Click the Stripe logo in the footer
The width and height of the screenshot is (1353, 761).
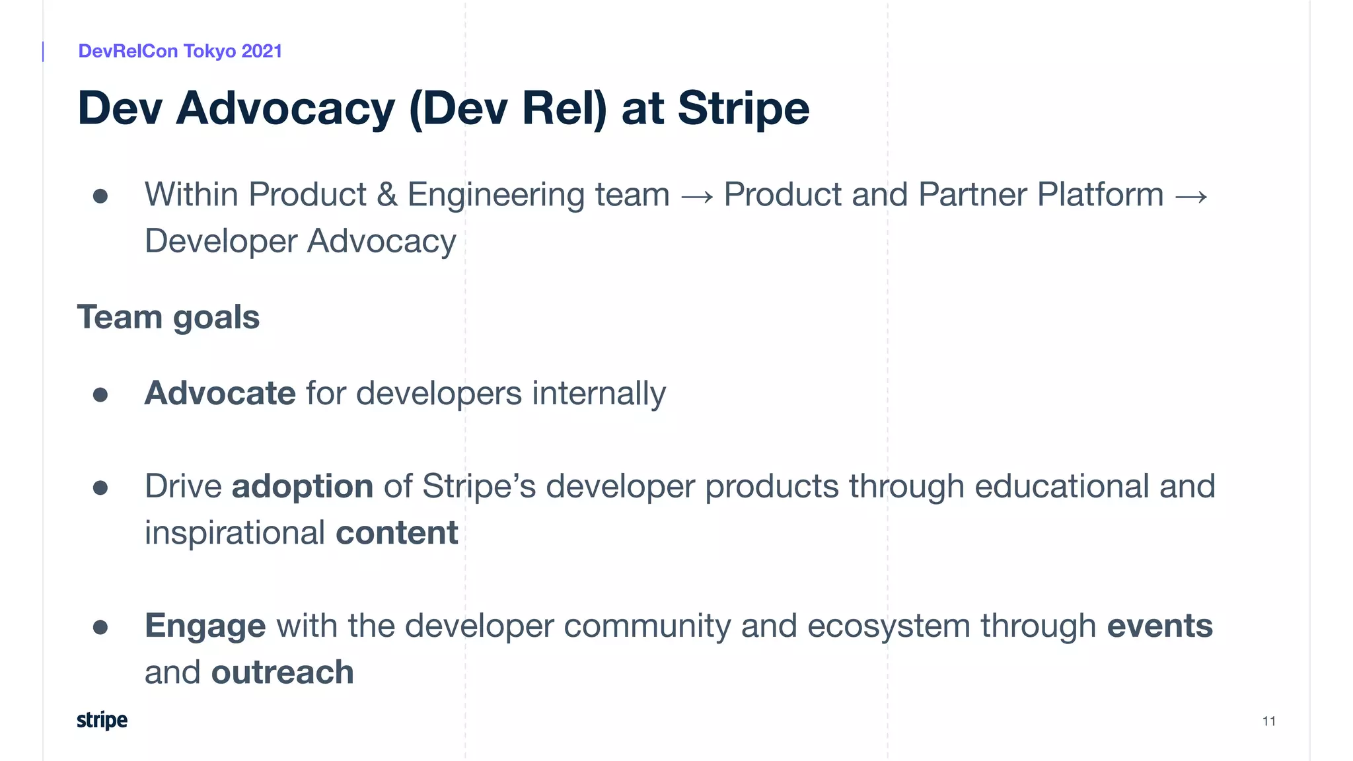tap(102, 720)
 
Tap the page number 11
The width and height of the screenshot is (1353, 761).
tap(1268, 721)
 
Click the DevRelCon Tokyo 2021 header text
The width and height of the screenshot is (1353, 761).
tap(180, 51)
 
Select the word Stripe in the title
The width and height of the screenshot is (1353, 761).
tap(743, 108)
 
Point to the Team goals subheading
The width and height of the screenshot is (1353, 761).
tap(168, 317)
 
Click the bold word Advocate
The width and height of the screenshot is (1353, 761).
tap(219, 394)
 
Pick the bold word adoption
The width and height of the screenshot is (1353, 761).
tap(303, 487)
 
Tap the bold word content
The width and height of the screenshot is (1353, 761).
tap(396, 533)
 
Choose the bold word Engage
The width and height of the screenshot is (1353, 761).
tap(205, 627)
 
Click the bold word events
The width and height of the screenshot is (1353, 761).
tap(1159, 626)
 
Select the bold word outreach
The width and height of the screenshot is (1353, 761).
tap(282, 672)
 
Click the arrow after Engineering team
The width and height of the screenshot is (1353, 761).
tap(697, 196)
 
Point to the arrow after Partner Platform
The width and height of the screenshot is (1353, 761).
tap(1191, 196)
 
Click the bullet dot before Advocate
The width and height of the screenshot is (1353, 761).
tap(100, 395)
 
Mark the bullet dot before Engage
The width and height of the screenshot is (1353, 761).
tap(100, 627)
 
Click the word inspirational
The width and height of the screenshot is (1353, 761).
tap(235, 533)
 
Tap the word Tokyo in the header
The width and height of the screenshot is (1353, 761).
tap(209, 51)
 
